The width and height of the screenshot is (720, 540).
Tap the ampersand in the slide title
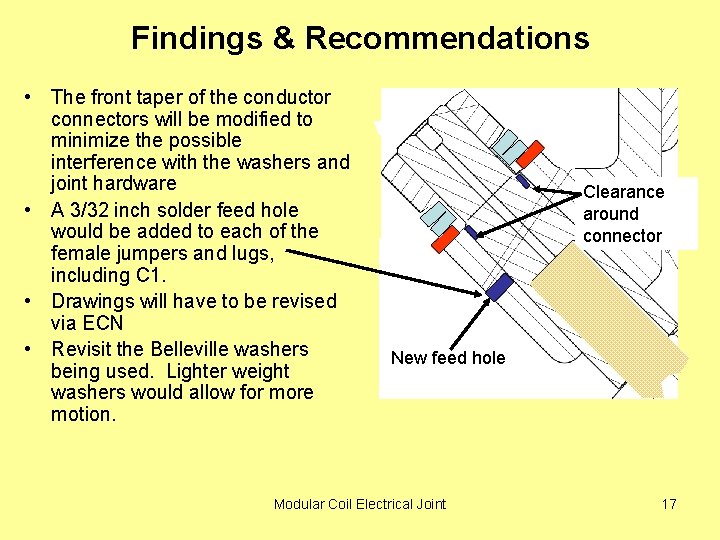(x=287, y=38)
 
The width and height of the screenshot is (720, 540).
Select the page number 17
(x=669, y=504)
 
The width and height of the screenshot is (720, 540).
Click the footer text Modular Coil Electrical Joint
(x=360, y=504)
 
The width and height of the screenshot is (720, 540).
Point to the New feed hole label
(x=448, y=358)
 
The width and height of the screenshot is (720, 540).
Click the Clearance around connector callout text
(x=623, y=213)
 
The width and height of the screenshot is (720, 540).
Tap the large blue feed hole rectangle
(x=498, y=287)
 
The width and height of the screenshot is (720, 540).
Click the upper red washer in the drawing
(x=529, y=153)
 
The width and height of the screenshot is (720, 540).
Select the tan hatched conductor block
(x=610, y=320)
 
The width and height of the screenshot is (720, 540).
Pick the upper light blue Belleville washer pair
(x=510, y=146)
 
